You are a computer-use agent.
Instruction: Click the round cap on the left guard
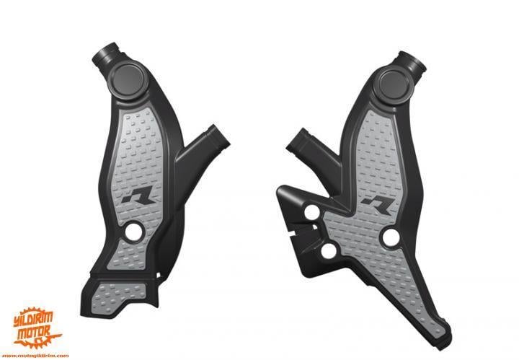[x=126, y=77]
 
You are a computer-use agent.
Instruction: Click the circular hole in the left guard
[x=133, y=232]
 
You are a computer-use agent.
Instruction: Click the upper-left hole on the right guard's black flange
[x=311, y=214]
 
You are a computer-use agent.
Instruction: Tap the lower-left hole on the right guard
[x=328, y=251]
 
